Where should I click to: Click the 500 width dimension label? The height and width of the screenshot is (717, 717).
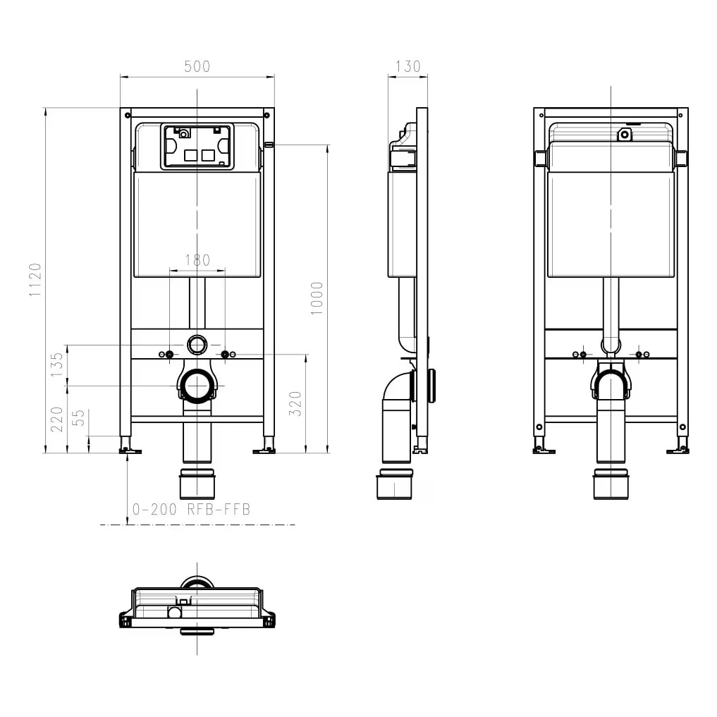[x=197, y=66]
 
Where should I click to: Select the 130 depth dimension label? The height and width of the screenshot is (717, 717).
[x=408, y=66]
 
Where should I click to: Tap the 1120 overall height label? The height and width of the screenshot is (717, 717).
[x=35, y=280]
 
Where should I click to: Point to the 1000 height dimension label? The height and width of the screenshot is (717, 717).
[x=317, y=298]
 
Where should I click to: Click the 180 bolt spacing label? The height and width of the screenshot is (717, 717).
[x=197, y=260]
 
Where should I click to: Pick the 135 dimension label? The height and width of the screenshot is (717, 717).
[x=56, y=364]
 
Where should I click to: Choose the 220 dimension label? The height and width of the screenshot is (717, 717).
[x=56, y=419]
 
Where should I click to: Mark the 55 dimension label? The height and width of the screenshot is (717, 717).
[x=79, y=417]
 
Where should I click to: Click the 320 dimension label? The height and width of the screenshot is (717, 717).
[x=295, y=403]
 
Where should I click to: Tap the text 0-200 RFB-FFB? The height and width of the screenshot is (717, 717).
[x=191, y=510]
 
